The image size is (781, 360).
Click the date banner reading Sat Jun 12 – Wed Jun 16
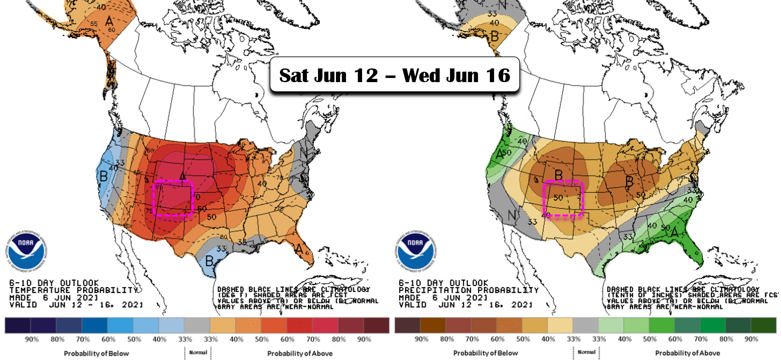tap(394, 75)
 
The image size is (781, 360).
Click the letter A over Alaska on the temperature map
tap(109, 21)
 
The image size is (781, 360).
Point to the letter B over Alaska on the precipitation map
tap(494, 36)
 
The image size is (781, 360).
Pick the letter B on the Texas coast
tap(209, 261)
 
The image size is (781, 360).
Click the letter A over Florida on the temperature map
tap(299, 249)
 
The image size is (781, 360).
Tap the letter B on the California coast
tap(103, 176)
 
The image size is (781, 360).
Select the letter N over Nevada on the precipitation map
tap(512, 215)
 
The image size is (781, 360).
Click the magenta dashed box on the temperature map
tap(173, 198)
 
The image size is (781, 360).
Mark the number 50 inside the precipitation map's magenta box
tap(558, 197)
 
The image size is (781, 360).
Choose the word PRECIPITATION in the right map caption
tap(435, 290)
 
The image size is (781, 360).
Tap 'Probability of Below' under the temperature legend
tap(96, 353)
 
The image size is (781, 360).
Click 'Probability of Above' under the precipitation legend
tap(687, 353)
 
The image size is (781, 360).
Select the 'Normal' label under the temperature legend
tap(198, 353)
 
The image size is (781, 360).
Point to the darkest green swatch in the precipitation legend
tap(764, 326)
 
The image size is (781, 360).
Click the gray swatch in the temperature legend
tap(197, 326)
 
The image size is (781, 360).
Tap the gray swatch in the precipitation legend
tap(585, 326)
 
